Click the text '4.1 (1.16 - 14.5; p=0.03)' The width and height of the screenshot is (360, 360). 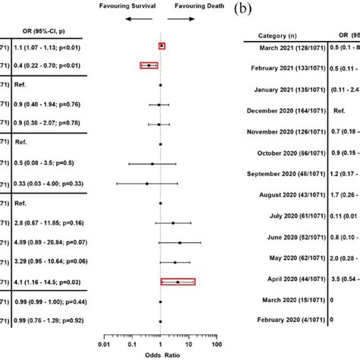point(48,282)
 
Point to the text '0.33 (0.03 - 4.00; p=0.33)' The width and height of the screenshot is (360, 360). point(50,183)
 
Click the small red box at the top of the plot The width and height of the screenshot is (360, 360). point(162,46)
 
